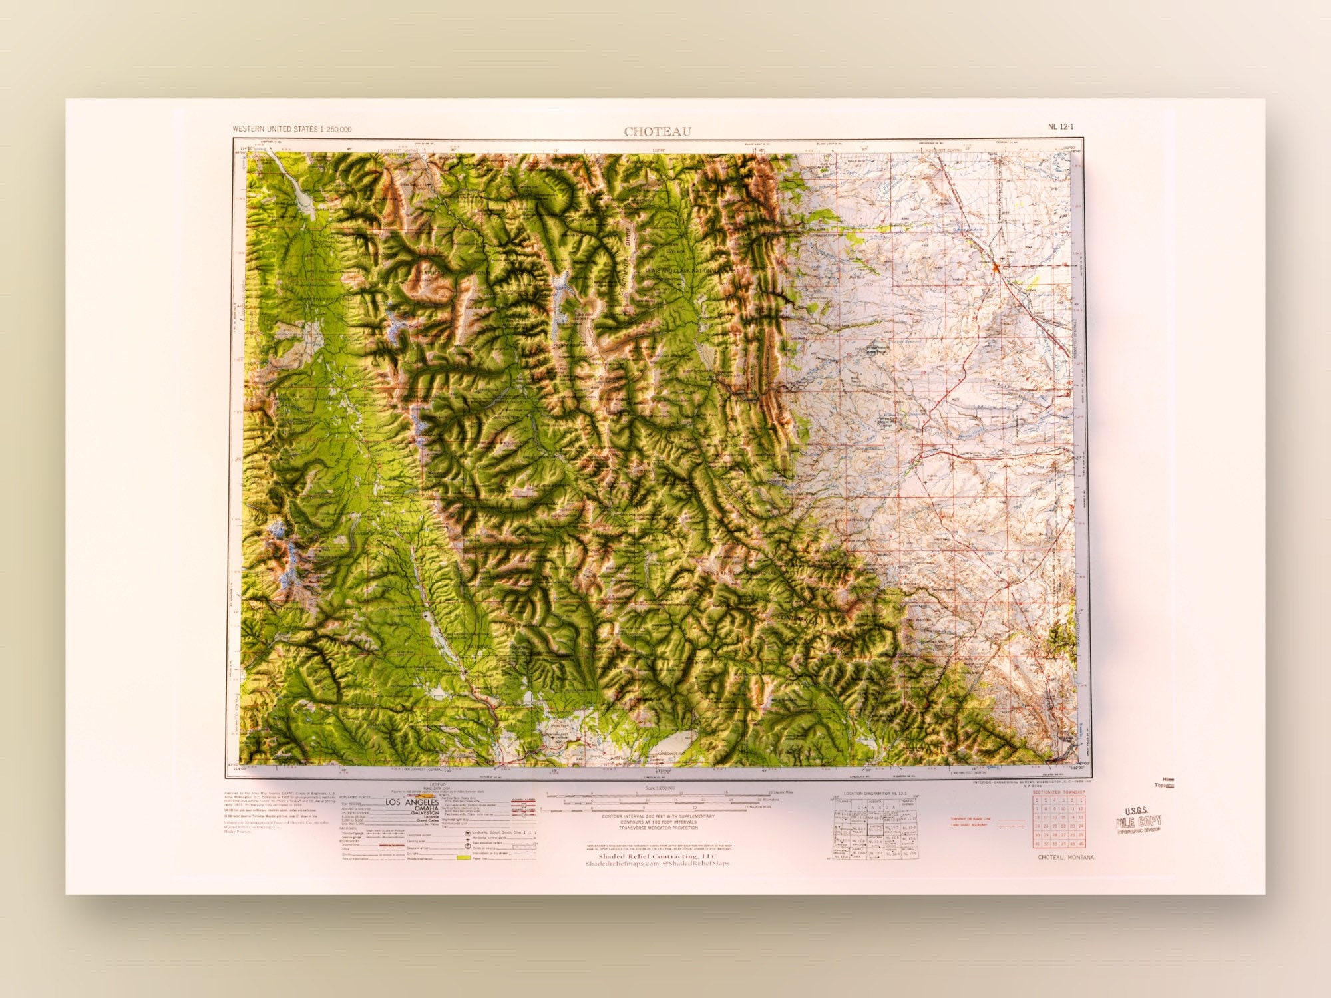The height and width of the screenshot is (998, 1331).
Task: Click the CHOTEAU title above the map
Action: point(658,132)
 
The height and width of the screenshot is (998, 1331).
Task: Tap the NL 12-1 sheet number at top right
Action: point(1061,126)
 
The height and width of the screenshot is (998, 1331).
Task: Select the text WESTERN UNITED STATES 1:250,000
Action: point(292,129)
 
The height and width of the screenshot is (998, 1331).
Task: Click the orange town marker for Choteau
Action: point(996,267)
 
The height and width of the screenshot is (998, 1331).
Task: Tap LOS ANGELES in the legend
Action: point(412,802)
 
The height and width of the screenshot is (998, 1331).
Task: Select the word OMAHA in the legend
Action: point(426,808)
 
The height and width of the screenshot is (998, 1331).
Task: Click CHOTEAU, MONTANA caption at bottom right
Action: point(1065,857)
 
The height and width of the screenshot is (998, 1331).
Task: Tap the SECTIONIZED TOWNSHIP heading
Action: point(1059,792)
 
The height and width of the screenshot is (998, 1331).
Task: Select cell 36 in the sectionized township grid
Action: point(1081,844)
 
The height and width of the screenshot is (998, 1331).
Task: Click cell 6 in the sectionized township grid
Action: point(1038,800)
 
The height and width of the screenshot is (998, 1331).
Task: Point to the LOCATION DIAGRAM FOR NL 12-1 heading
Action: point(874,794)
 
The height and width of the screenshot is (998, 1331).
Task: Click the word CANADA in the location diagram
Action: point(871,807)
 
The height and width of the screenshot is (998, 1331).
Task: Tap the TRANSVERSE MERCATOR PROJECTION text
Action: point(658,828)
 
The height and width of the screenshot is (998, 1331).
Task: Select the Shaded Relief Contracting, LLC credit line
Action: point(658,856)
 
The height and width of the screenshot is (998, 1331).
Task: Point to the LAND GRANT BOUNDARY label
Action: point(968,825)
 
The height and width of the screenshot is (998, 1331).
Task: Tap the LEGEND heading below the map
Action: point(437,785)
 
